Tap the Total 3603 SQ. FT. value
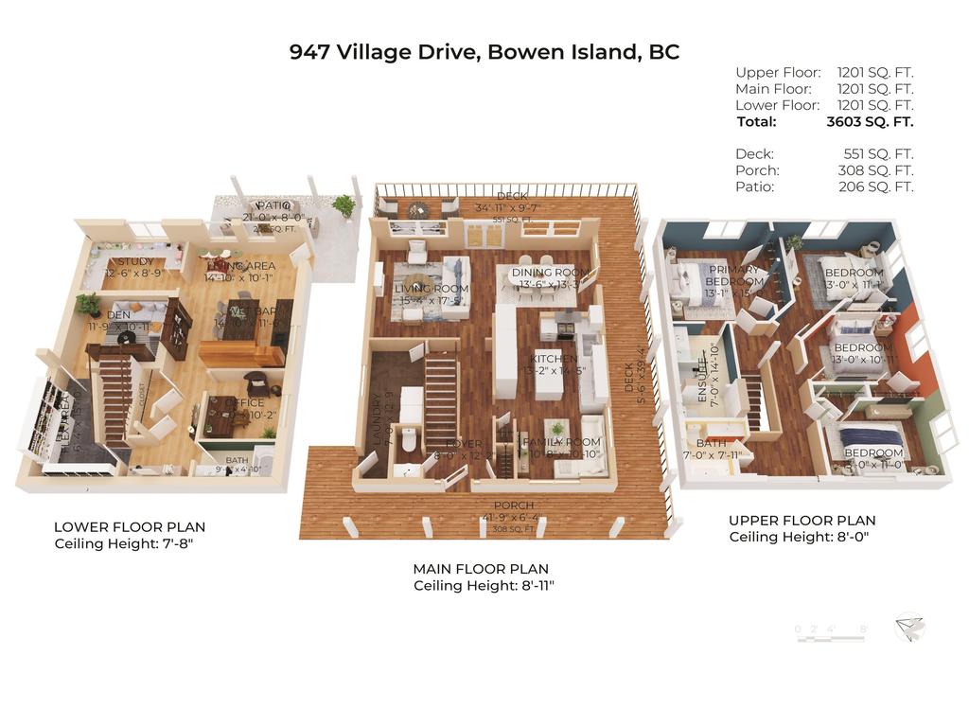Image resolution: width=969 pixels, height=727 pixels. tap(870, 121)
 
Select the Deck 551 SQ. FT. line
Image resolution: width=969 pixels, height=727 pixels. tap(823, 153)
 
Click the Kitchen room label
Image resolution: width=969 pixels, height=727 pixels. tap(554, 359)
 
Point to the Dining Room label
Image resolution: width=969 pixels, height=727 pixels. tap(543, 273)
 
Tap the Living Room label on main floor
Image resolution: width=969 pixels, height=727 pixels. tap(432, 289)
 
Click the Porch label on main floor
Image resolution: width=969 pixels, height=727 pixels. tap(513, 505)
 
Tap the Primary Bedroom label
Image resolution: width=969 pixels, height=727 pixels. tap(734, 275)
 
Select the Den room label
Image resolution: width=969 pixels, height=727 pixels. tap(118, 314)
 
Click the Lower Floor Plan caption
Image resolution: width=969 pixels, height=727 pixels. tap(130, 527)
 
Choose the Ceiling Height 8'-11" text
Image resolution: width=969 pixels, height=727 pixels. tap(484, 586)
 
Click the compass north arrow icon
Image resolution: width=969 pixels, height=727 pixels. tap(910, 627)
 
